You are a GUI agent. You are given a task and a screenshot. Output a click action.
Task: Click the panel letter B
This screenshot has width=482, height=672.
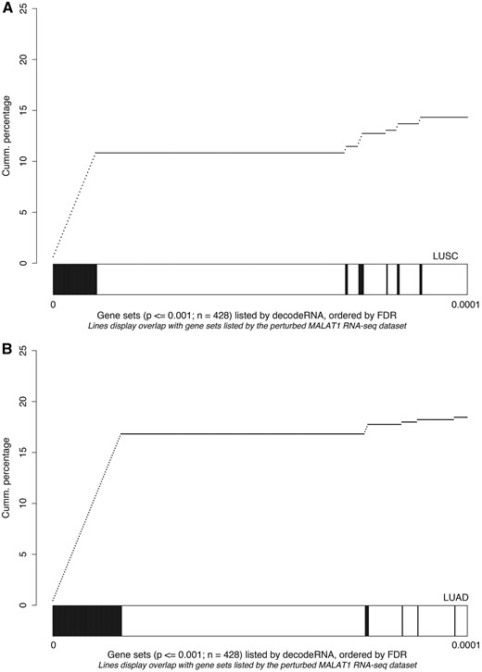(x=7, y=350)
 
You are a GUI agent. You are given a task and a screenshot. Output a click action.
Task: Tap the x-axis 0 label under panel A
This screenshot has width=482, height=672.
(x=53, y=305)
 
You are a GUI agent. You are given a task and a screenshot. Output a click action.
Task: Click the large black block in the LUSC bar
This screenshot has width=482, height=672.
(x=74, y=279)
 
